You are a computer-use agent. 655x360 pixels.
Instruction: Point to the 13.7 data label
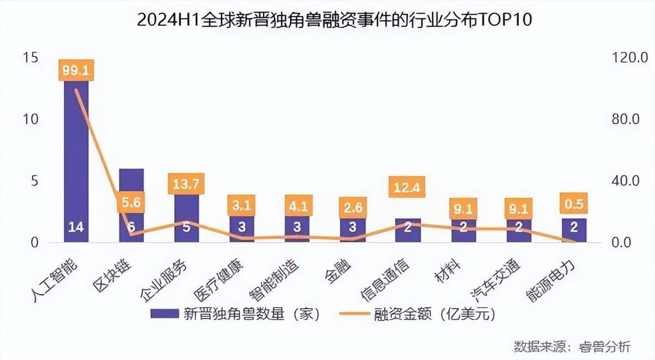186,184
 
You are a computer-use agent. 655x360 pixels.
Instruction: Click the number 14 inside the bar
76,227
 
